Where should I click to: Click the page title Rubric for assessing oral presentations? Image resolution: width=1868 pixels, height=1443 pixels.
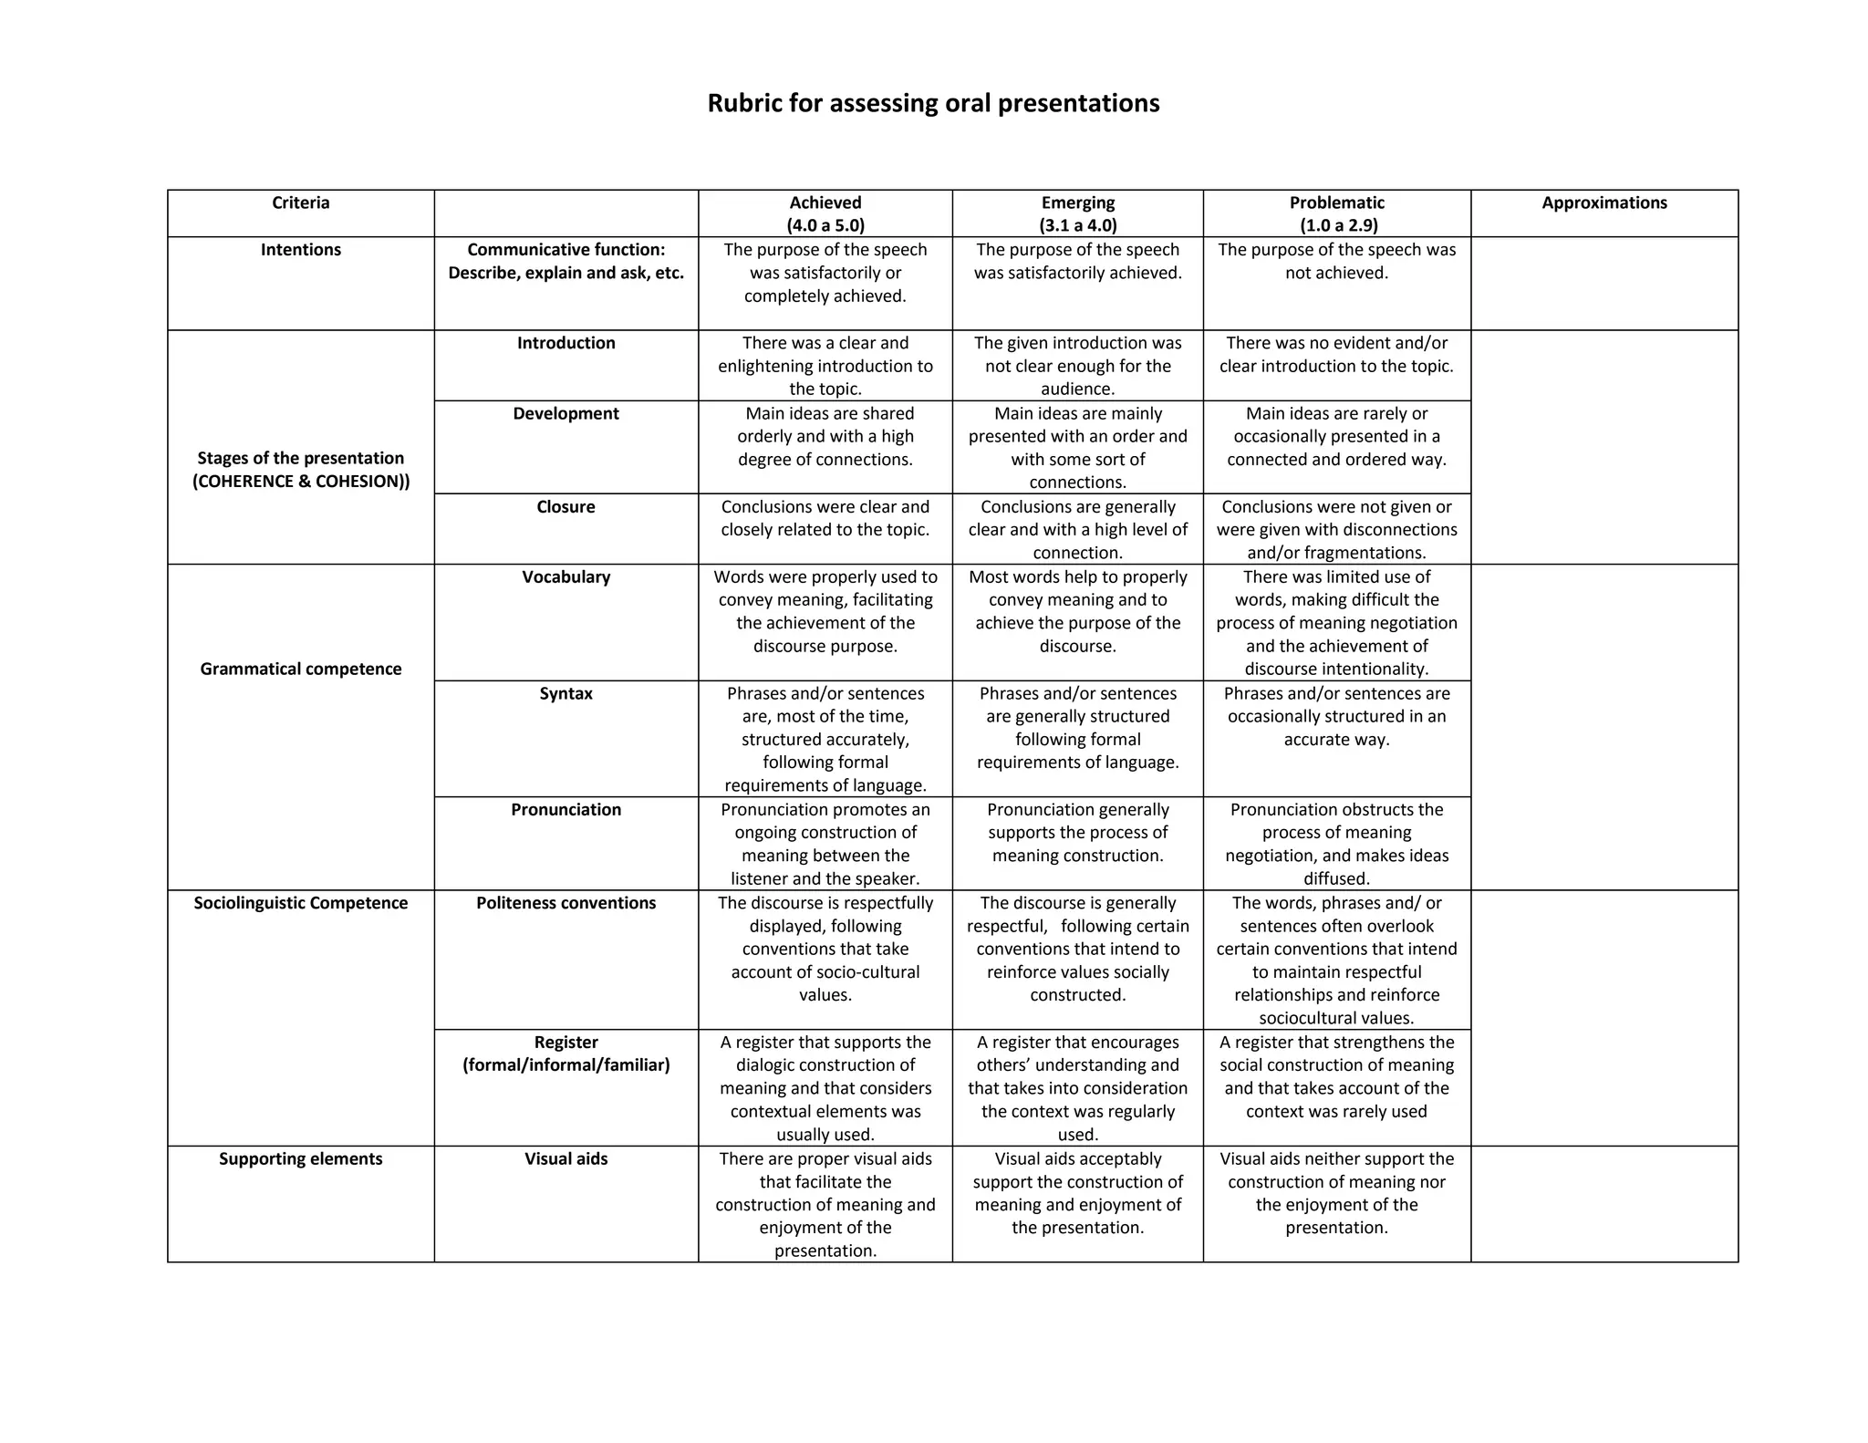933,103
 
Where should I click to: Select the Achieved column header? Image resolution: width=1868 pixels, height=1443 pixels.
825,203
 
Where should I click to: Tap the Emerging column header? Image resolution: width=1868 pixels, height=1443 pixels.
1077,203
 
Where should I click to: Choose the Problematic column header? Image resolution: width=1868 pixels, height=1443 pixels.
1336,203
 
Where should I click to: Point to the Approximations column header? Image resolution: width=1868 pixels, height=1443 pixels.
1603,203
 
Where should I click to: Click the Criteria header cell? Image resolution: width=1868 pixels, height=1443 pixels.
300,203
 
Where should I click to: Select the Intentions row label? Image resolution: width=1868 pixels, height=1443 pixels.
300,250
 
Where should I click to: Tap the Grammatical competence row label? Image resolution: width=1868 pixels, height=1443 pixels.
300,669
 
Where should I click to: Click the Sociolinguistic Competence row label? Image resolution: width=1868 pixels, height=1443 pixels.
300,903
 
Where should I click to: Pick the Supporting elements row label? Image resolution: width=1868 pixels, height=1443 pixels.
300,1158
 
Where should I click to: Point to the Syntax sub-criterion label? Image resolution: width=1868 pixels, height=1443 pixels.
566,693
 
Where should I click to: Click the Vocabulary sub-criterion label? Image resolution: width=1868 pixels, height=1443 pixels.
566,576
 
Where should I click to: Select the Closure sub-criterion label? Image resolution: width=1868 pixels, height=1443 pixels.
566,507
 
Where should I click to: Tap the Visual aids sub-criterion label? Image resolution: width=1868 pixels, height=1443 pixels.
566,1158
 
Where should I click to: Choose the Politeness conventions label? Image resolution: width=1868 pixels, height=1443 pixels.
566,903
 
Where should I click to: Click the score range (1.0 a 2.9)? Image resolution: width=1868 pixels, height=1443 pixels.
1338,225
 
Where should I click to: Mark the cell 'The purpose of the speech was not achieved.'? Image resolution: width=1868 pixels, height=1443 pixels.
1336,261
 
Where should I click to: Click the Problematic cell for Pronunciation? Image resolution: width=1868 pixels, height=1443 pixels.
1336,844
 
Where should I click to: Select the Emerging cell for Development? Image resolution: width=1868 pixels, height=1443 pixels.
1077,447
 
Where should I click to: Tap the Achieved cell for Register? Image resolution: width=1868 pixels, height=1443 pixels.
825,1088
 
